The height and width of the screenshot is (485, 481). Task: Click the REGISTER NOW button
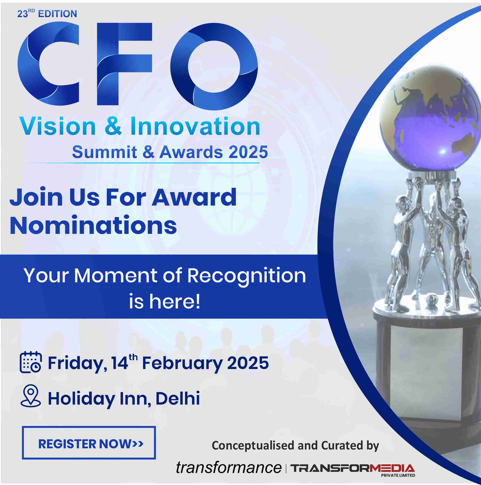point(89,443)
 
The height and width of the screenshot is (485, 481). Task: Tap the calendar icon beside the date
point(31,362)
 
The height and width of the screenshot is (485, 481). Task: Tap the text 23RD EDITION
point(47,13)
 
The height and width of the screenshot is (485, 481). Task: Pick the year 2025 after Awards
point(248,152)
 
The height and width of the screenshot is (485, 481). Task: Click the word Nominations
point(93,226)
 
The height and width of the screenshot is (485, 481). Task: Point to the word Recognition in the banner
point(247,276)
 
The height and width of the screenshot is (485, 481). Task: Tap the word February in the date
point(182,363)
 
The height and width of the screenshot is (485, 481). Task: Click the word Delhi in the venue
point(178,399)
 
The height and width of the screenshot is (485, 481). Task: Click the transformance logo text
point(229,468)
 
